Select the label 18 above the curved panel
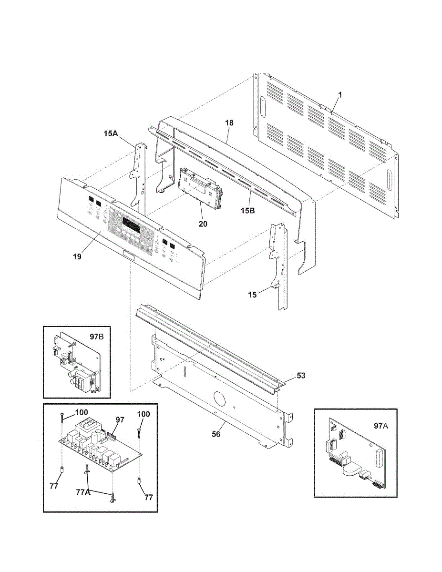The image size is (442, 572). pyautogui.click(x=229, y=123)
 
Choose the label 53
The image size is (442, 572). pyautogui.click(x=300, y=376)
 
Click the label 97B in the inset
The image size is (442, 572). pyautogui.click(x=97, y=337)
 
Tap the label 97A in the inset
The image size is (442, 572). pyautogui.click(x=380, y=426)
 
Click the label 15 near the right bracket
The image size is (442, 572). pyautogui.click(x=252, y=295)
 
